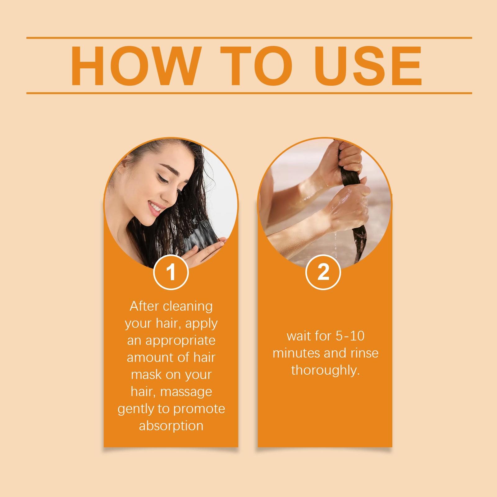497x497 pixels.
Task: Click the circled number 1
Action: (x=171, y=272)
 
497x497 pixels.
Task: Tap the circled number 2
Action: (x=323, y=272)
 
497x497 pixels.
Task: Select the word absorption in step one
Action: (x=171, y=426)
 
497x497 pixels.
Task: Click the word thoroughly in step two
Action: (x=325, y=370)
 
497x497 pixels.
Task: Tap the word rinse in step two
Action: (x=365, y=353)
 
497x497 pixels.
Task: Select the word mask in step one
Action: (x=145, y=375)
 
